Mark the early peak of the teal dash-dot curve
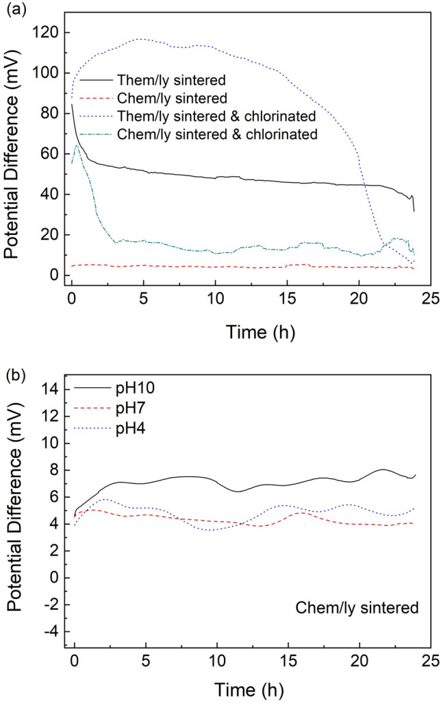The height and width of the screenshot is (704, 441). click(x=77, y=145)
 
